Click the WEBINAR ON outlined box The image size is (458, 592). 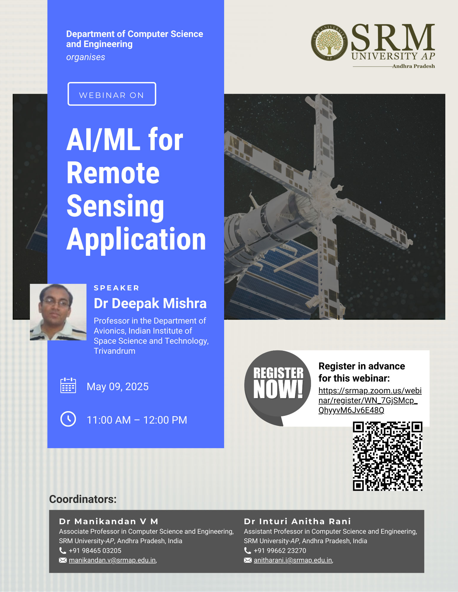coord(112,94)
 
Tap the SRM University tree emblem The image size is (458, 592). coord(329,42)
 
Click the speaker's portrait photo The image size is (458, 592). coord(58,312)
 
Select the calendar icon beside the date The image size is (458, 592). coord(68,385)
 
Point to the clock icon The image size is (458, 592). coord(68,419)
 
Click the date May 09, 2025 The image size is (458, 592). coord(118,387)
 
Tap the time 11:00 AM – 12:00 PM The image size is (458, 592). coord(137,420)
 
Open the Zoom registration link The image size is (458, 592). coord(370,400)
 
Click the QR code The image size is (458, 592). coord(387,456)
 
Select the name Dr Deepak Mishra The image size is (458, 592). coord(150,303)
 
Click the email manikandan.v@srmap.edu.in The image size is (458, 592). coord(112,560)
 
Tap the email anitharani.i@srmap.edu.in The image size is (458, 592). coord(293,560)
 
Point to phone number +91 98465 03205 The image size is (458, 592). coord(95,551)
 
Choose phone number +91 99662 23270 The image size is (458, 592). coord(280,551)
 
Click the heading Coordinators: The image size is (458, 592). coord(83,499)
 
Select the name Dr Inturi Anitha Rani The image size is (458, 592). coord(297,521)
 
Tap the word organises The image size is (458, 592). coord(86,57)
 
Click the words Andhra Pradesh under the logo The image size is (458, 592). coord(414,66)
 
